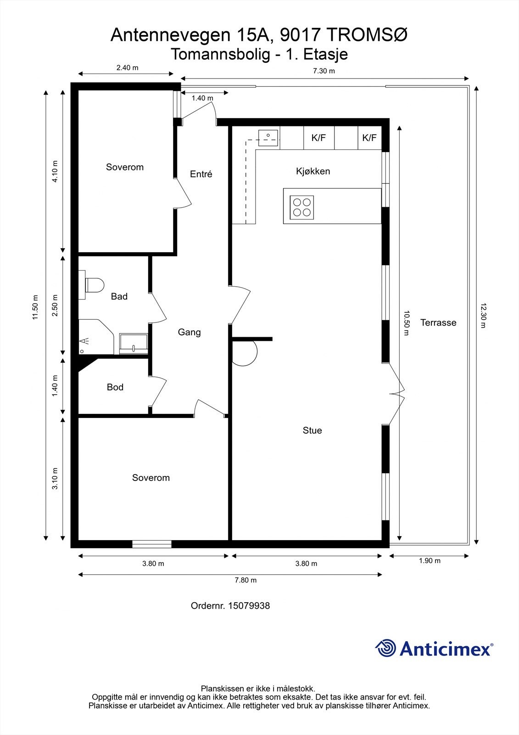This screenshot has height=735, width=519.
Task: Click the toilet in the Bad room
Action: click(x=94, y=285)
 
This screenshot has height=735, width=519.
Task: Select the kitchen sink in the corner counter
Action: click(x=268, y=136)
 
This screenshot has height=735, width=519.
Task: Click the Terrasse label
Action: click(x=438, y=322)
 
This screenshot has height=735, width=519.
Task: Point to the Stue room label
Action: click(x=312, y=430)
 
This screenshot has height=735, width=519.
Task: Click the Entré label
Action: click(x=201, y=174)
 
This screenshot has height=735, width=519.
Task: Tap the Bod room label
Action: click(x=115, y=387)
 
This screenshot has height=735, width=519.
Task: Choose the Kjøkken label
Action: click(x=313, y=171)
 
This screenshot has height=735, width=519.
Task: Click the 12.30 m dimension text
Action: click(x=483, y=315)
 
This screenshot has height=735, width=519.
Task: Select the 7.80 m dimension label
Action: click(x=246, y=580)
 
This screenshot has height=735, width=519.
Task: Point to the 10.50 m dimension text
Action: click(x=406, y=323)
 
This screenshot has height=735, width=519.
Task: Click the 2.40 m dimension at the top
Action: click(x=127, y=68)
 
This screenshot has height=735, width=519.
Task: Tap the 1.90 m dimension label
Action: click(x=430, y=560)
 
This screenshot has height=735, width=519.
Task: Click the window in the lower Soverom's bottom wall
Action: click(x=152, y=544)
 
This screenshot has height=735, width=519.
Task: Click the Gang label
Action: click(x=189, y=332)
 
